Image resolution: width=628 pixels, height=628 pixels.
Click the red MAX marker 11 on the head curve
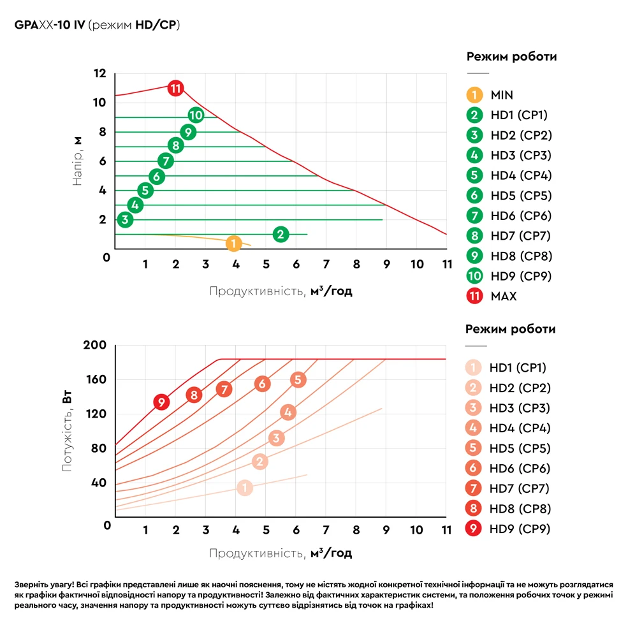tap(175, 88)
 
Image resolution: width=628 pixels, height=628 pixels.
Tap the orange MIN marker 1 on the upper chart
tap(234, 243)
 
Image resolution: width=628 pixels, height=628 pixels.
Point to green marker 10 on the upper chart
tap(196, 115)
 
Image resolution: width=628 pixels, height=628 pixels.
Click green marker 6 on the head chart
tap(157, 177)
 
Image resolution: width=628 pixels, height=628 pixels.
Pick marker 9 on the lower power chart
tap(162, 402)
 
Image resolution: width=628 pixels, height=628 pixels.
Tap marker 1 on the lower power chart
tap(245, 488)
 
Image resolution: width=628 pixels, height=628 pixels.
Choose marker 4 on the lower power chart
tap(288, 412)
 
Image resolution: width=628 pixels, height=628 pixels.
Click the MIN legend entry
tap(501, 95)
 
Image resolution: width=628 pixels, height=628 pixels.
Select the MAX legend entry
tap(503, 296)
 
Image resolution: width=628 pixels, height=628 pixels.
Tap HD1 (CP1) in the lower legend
tap(518, 367)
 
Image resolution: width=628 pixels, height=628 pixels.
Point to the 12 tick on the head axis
tap(100, 73)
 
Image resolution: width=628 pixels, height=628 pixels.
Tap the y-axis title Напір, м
tap(78, 161)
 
